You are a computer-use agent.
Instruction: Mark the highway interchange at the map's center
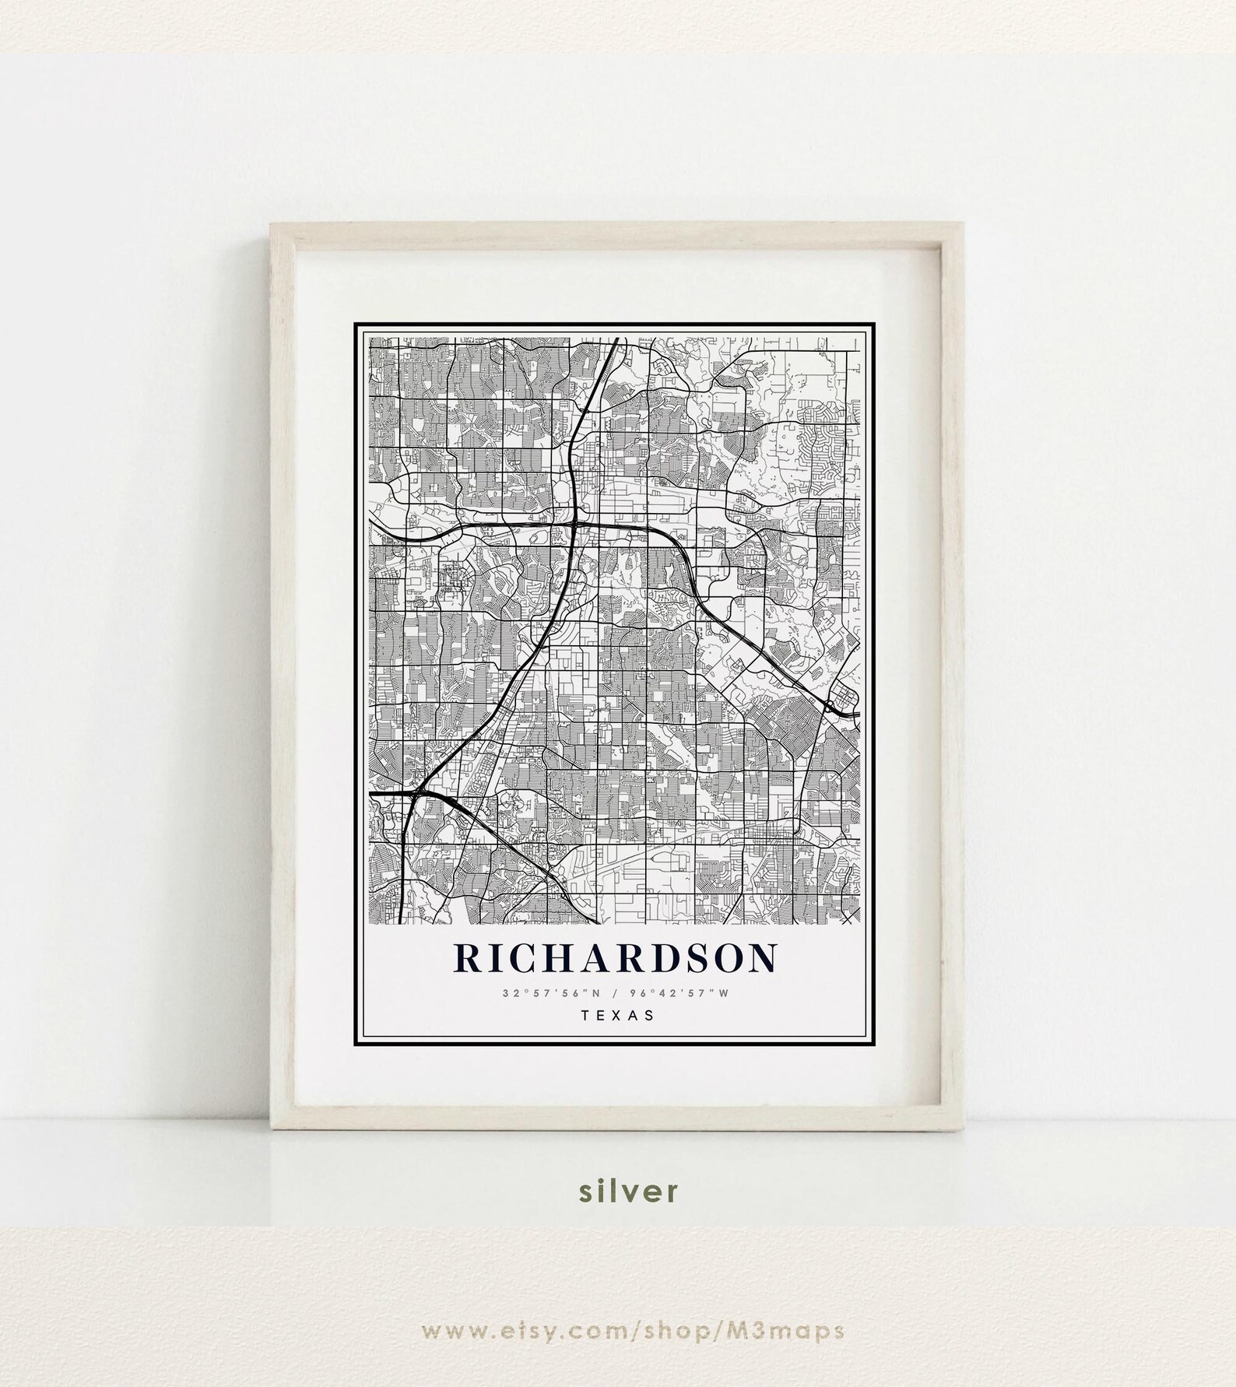tap(576, 527)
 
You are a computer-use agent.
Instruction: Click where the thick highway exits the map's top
tap(616, 339)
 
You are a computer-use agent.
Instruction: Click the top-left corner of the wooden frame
tap(272, 225)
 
